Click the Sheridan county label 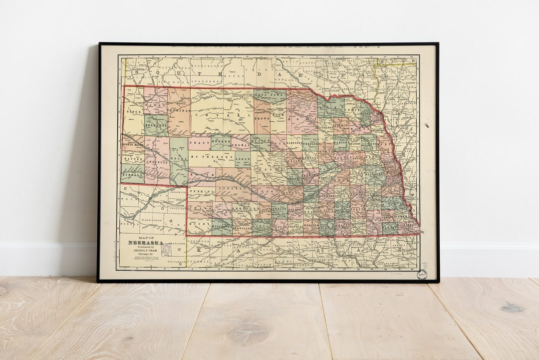coord(179,110)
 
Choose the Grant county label coord(199,142)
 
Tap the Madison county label coord(341,142)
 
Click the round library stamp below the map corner coord(422,274)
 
